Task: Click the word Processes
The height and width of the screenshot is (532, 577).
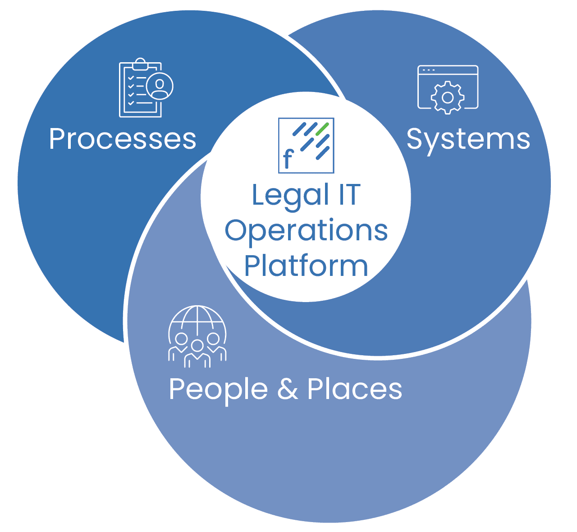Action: click(x=123, y=139)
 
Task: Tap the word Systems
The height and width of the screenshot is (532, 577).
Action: click(x=468, y=139)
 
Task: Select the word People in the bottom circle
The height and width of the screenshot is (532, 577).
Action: click(x=218, y=389)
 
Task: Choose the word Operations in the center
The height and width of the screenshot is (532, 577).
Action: click(x=306, y=230)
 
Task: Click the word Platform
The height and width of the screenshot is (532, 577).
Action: click(x=306, y=266)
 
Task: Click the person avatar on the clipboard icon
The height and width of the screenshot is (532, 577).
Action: click(x=160, y=86)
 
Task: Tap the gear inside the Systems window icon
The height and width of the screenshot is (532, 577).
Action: click(x=447, y=97)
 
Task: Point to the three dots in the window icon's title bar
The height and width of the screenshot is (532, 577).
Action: click(x=428, y=70)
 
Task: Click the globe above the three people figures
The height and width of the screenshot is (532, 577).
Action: click(x=197, y=321)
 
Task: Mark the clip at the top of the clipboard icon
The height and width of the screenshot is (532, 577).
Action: click(x=140, y=64)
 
